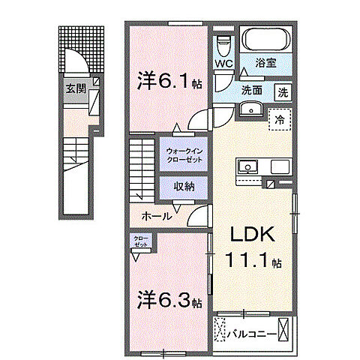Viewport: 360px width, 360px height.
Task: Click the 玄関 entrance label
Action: tap(76, 88)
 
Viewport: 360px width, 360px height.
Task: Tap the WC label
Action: tap(224, 64)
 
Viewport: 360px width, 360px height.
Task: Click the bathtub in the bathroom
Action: tap(267, 40)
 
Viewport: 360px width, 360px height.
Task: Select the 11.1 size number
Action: tap(250, 262)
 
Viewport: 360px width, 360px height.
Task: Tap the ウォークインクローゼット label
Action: tap(183, 154)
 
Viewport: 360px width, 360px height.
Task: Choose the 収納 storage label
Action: tap(184, 187)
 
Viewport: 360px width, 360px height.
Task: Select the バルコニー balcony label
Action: tap(251, 329)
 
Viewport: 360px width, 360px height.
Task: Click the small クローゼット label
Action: tap(141, 242)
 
